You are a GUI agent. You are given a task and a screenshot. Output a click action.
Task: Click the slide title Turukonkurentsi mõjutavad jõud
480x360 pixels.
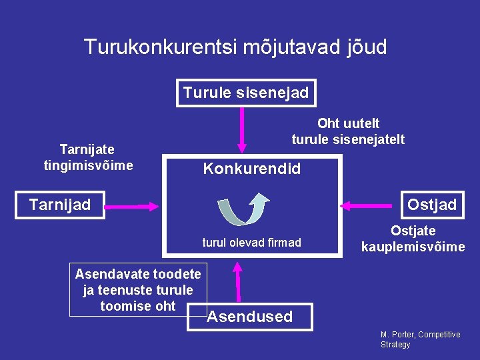(x=235, y=47)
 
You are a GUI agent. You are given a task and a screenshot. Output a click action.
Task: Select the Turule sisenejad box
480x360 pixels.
(x=246, y=93)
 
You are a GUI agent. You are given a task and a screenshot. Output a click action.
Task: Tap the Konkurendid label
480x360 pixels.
(x=251, y=169)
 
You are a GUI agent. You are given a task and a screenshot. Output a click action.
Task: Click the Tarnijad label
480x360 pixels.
(x=60, y=204)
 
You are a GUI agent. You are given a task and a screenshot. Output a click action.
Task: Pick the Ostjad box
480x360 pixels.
(x=431, y=204)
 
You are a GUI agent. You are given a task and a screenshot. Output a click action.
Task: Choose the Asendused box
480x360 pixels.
(x=250, y=317)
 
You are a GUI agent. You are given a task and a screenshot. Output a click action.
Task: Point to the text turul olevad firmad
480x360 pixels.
(x=251, y=243)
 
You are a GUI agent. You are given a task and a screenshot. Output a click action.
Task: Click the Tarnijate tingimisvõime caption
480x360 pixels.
(x=87, y=157)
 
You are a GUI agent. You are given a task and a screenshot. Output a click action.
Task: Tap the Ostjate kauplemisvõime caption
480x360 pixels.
(x=413, y=239)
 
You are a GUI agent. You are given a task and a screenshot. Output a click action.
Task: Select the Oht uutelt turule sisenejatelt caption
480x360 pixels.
(x=348, y=131)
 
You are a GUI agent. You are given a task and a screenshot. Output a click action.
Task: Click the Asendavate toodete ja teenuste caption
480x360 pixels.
(x=138, y=290)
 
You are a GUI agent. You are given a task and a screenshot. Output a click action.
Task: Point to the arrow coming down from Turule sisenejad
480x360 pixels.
(x=241, y=129)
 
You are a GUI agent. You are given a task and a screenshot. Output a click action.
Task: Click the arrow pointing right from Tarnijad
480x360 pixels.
(x=132, y=207)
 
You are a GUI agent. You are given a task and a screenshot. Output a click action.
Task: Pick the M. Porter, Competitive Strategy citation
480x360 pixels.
(x=420, y=339)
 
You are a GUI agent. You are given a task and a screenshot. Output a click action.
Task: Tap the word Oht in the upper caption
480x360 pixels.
(x=328, y=123)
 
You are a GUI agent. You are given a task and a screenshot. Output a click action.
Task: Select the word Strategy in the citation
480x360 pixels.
(x=395, y=345)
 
